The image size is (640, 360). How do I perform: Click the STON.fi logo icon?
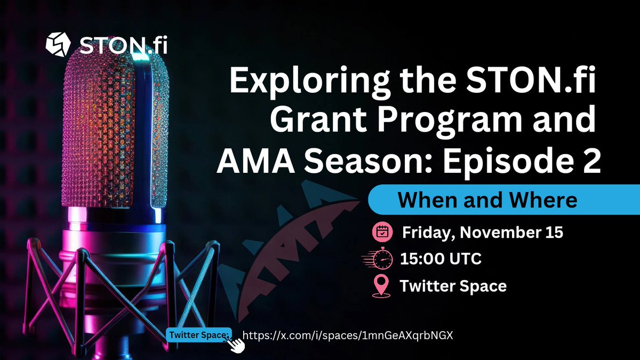click(x=58, y=44)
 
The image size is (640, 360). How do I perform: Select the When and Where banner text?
click(x=487, y=199)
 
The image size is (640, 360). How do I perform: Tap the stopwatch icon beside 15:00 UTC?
click(x=377, y=258)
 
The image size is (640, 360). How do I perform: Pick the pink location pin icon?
click(x=381, y=286)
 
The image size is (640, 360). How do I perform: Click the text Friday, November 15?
click(x=483, y=233)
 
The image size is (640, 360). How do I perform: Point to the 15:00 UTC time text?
click(x=441, y=259)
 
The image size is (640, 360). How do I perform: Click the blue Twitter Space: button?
click(x=199, y=335)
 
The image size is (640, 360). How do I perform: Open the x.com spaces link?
click(x=348, y=335)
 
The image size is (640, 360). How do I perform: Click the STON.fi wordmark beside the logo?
click(x=123, y=45)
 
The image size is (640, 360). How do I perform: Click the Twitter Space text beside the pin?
click(x=453, y=286)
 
